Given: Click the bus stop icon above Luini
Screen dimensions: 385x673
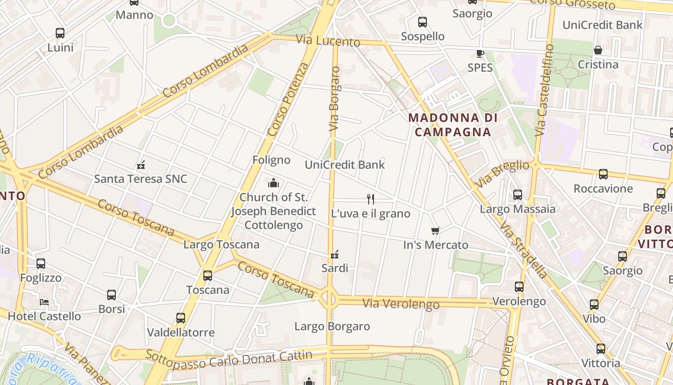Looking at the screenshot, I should (60, 33).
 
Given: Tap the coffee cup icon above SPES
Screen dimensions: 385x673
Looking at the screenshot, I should (480, 53).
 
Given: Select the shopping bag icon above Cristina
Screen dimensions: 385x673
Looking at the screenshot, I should (598, 50).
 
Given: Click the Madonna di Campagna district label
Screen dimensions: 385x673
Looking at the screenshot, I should (452, 125).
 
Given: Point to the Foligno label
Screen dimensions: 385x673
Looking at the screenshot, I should (272, 160).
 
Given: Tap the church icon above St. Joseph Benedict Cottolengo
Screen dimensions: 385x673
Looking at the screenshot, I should (274, 183).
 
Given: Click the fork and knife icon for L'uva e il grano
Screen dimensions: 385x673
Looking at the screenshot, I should (371, 199).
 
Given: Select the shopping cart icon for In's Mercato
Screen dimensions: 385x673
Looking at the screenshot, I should (436, 231).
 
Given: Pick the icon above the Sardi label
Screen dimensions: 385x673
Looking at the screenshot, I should (335, 254).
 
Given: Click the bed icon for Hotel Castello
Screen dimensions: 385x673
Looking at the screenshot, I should (44, 302).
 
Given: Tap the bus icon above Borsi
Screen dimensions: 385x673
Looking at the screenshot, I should (112, 295).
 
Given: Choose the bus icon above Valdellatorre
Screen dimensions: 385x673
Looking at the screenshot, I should (181, 318).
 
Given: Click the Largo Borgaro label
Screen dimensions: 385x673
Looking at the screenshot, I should (332, 326).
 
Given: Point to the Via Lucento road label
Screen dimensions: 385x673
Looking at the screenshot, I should (328, 41).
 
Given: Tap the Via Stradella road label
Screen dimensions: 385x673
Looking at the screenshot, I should (523, 250).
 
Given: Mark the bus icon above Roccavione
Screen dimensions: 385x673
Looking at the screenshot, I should (603, 174).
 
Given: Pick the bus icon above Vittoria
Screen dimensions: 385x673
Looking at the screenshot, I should (601, 349).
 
